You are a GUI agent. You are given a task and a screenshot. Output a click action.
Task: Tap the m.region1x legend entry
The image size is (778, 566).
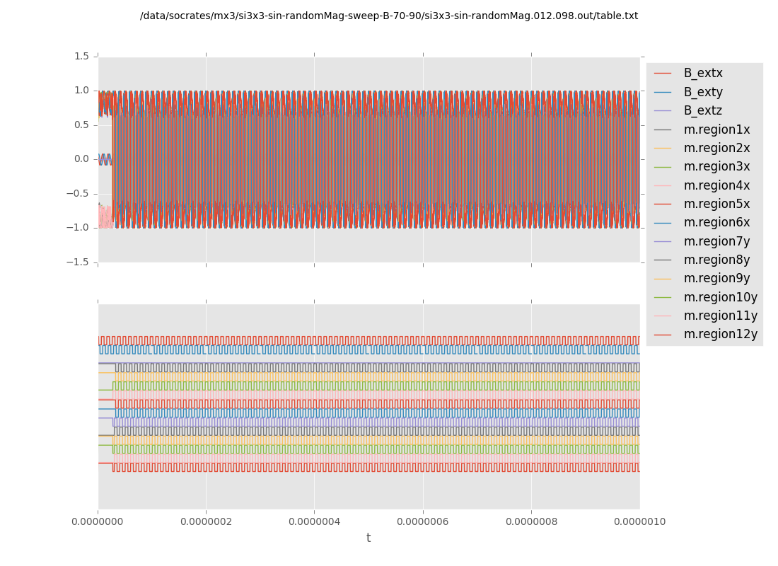pyautogui.click(x=716, y=129)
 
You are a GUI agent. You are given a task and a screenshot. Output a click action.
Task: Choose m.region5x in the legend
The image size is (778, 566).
pyautogui.click(x=716, y=204)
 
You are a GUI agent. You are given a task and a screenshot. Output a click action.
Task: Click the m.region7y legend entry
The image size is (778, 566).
pyautogui.click(x=716, y=241)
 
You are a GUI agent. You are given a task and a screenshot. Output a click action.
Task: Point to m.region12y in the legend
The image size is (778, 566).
pyautogui.click(x=720, y=334)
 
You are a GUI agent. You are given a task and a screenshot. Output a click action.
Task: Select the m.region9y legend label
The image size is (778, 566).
pyautogui.click(x=716, y=278)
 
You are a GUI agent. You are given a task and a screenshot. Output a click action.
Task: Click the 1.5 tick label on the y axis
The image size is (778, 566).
pyautogui.click(x=81, y=56)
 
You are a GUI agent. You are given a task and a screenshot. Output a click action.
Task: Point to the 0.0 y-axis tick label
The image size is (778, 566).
pyautogui.click(x=81, y=158)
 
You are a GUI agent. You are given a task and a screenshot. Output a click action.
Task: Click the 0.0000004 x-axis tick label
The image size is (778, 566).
pyautogui.click(x=314, y=521)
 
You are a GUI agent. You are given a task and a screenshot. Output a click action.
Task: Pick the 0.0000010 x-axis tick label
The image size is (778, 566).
pyautogui.click(x=639, y=521)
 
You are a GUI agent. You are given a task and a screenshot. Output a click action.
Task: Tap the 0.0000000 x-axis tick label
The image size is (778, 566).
pyautogui.click(x=98, y=521)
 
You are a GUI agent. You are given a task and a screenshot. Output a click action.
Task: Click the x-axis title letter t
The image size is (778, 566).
pyautogui.click(x=368, y=538)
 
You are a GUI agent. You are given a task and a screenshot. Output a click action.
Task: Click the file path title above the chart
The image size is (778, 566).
pyautogui.click(x=389, y=16)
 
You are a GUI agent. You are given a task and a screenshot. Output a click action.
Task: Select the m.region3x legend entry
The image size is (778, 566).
pyautogui.click(x=716, y=166)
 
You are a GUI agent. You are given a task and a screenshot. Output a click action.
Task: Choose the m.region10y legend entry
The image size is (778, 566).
pyautogui.click(x=720, y=297)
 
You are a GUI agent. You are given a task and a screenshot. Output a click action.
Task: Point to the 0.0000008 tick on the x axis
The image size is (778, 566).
pyautogui.click(x=531, y=521)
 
